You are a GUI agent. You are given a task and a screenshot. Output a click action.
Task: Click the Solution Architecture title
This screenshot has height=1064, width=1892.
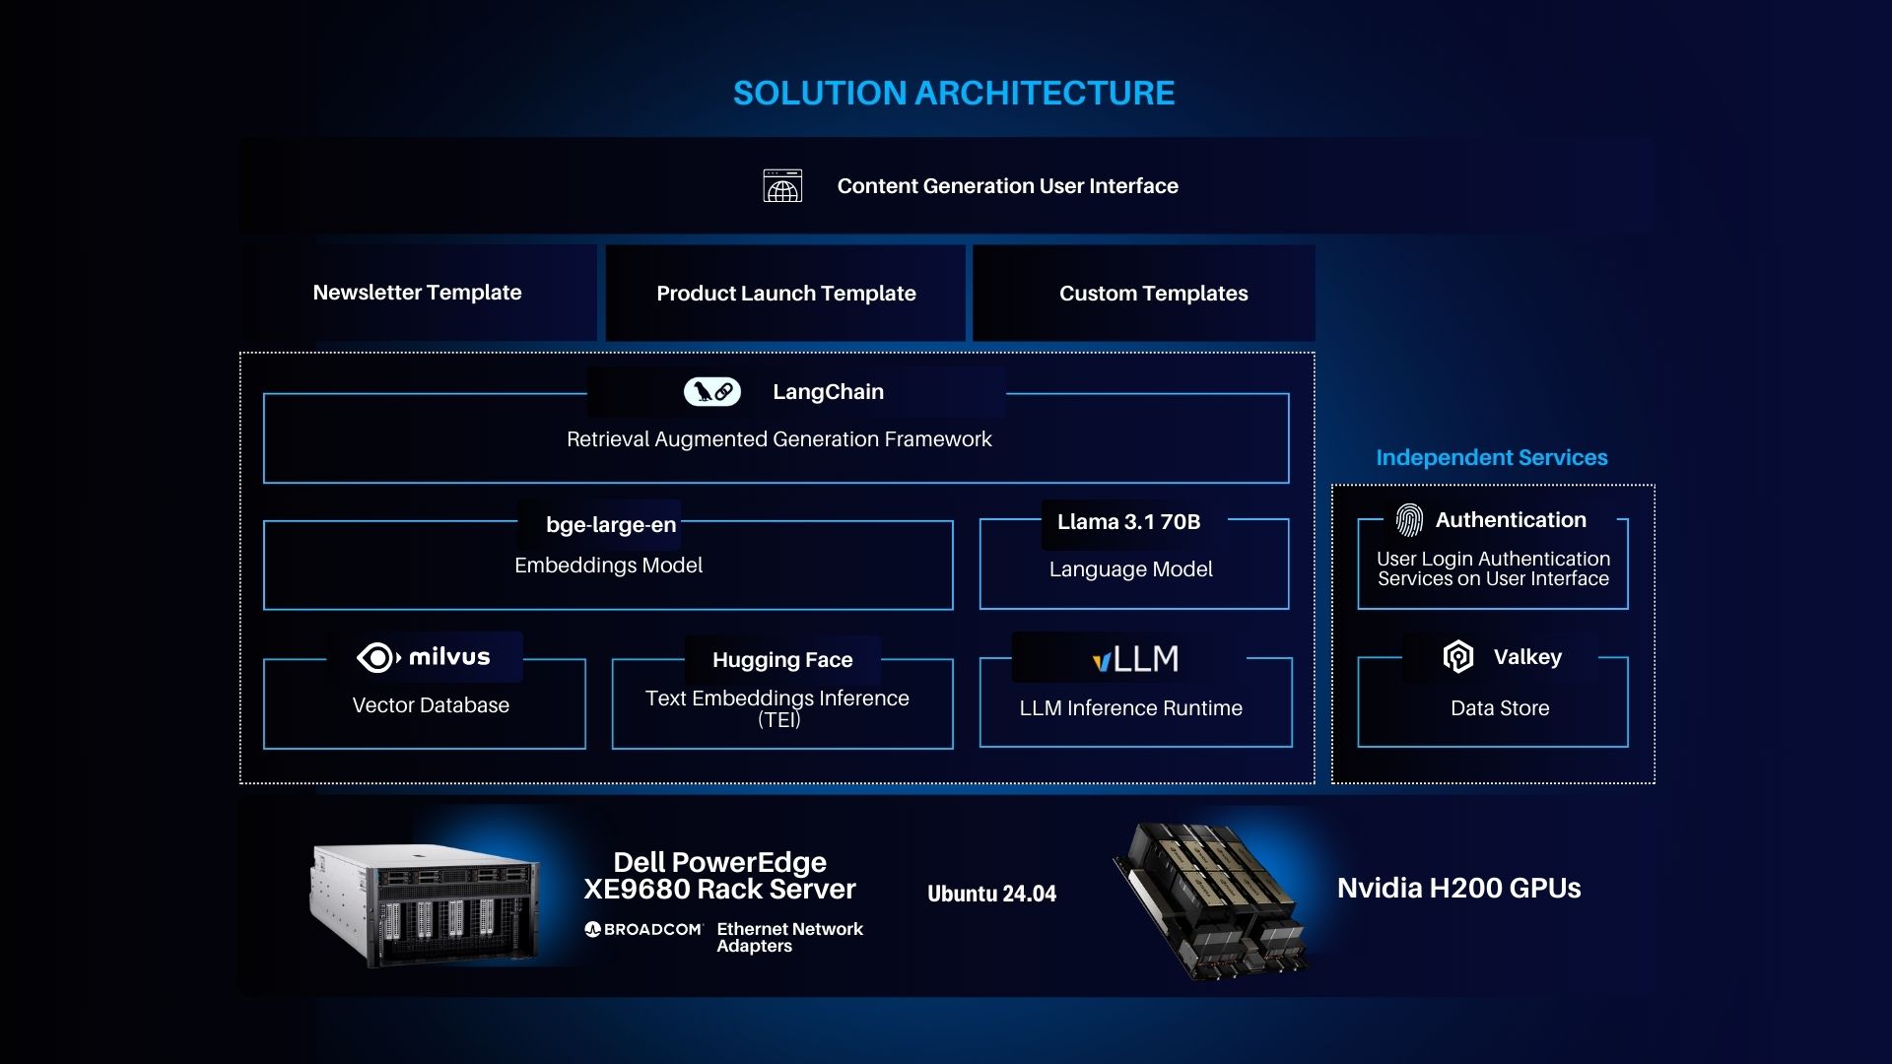954,93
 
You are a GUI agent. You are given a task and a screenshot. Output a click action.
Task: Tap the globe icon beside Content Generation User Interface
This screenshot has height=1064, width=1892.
782,185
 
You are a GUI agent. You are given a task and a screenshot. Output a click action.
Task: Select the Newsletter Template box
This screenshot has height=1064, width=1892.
419,293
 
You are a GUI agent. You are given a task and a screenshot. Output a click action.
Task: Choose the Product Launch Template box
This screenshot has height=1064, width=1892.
785,293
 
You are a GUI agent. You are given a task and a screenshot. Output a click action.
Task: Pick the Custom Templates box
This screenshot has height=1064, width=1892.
1144,293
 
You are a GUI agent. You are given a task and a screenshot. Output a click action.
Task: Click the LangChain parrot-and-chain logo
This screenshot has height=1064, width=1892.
712,391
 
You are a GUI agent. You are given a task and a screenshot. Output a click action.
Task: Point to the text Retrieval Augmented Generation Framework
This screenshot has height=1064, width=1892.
778,439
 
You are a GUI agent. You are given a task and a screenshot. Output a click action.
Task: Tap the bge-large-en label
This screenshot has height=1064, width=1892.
611,525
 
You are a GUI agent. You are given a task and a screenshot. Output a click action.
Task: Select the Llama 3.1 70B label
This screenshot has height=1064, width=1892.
1129,522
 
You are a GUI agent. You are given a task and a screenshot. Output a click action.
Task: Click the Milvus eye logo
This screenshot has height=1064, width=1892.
378,657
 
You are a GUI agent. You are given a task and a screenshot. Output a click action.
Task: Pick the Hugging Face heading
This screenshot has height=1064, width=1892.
782,660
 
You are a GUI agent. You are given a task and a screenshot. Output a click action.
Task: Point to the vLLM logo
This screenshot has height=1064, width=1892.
1135,658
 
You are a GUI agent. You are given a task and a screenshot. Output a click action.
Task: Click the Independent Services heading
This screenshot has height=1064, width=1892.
1492,457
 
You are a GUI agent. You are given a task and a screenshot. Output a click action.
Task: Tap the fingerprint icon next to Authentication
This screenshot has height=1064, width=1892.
1409,520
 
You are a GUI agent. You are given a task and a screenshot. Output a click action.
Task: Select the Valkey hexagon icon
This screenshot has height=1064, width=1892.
1458,657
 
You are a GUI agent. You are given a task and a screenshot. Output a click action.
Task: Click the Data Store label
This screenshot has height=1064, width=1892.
1500,708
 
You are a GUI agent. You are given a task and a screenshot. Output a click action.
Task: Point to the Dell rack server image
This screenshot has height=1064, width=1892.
425,904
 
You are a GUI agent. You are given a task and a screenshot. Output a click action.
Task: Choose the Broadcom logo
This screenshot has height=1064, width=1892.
643,929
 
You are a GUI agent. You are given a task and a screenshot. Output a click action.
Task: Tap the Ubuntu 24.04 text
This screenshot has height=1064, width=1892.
991,894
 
